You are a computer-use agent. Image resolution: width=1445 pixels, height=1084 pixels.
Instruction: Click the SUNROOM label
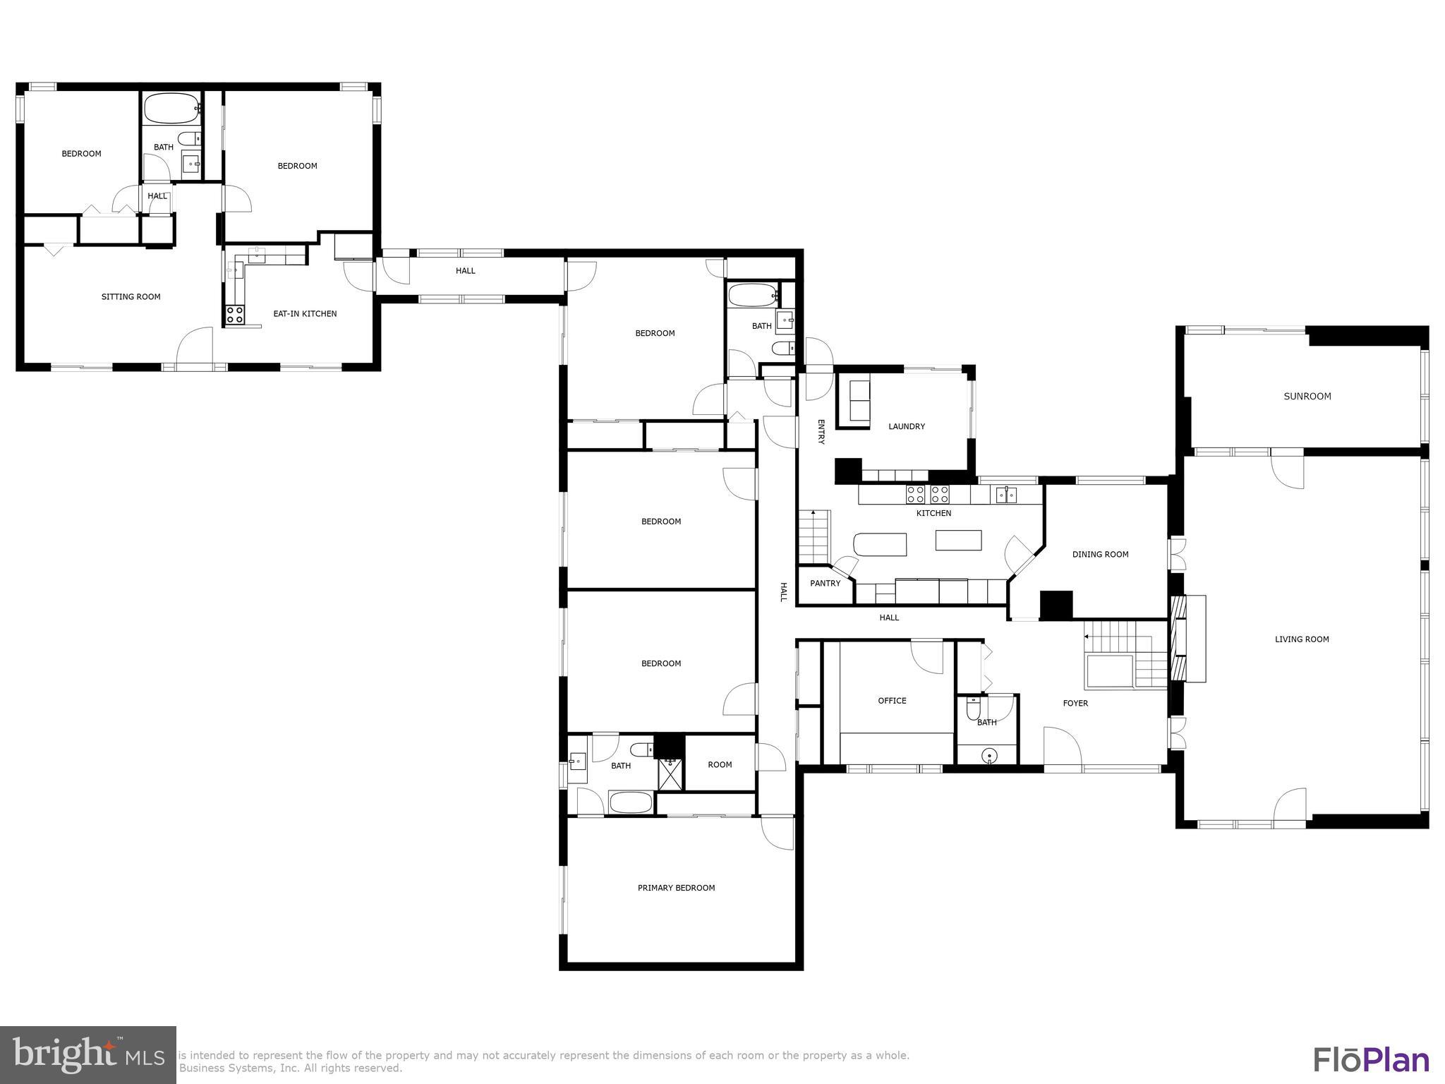[1307, 397]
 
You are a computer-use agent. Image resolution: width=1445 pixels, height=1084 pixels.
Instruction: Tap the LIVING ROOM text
[1301, 639]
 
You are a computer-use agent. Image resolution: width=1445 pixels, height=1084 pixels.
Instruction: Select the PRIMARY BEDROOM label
[676, 888]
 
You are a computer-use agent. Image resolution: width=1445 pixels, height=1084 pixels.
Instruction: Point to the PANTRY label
[825, 584]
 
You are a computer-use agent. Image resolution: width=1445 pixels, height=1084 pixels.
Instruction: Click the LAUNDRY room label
[906, 426]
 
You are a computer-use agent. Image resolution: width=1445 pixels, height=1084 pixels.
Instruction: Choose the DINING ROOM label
[1100, 555]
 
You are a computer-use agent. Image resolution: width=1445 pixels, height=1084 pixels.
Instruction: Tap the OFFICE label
[892, 701]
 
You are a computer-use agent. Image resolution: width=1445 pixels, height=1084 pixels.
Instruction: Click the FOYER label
[1075, 704]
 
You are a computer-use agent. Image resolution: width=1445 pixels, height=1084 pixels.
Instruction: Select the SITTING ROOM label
[131, 297]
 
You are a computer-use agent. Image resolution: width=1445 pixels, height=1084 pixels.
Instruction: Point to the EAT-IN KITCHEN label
[305, 314]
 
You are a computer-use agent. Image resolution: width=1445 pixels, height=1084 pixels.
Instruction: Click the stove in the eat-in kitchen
[234, 315]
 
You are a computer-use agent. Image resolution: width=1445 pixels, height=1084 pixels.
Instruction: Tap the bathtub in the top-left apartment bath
[171, 109]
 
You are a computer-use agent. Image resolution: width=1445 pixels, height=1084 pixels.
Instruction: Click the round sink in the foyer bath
[990, 756]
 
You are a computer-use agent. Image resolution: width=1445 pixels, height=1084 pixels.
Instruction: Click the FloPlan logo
[1371, 1059]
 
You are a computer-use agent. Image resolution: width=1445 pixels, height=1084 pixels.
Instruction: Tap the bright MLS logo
[87, 1055]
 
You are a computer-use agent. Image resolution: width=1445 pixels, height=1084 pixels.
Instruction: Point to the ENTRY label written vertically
[821, 432]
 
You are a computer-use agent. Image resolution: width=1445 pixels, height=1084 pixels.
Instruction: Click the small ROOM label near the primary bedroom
[720, 765]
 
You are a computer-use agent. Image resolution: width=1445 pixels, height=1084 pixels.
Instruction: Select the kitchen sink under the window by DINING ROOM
[1006, 495]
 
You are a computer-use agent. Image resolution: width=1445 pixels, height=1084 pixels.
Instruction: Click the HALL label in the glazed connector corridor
[465, 271]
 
